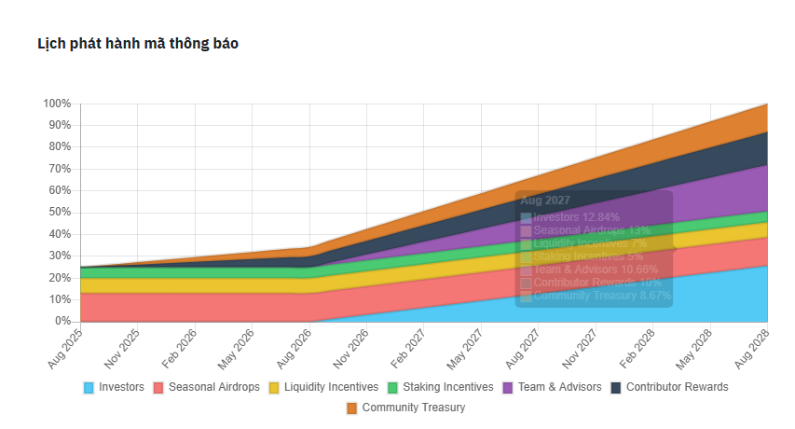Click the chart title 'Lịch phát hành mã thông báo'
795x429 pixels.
point(137,44)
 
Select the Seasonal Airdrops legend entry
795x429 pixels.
point(206,387)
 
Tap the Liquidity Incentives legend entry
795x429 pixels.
point(322,387)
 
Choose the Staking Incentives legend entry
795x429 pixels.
point(440,387)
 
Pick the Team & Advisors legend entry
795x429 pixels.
point(552,387)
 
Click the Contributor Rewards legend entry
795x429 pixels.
point(669,387)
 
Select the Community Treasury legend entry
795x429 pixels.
point(405,408)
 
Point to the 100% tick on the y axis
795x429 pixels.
point(57,104)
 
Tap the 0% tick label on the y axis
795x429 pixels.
point(62,321)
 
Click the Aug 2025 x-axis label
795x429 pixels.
point(65,347)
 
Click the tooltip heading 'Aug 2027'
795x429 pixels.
point(544,201)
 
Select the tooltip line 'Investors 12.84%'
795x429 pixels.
point(576,217)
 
